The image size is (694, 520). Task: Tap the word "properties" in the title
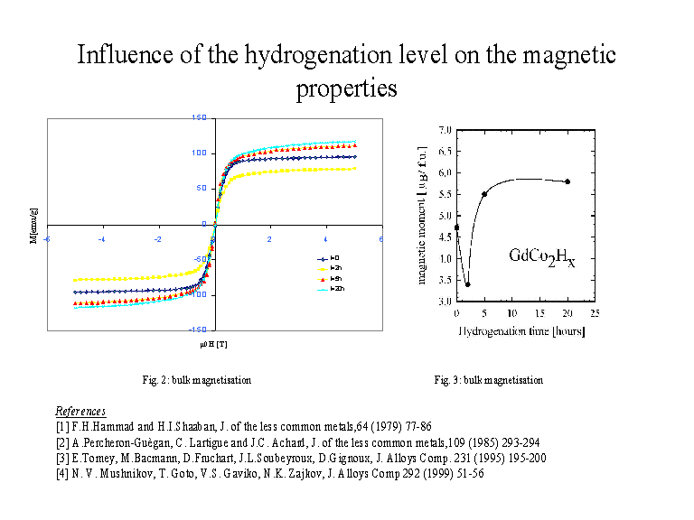pyautogui.click(x=347, y=88)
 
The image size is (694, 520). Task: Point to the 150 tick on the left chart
pyautogui.click(x=200, y=117)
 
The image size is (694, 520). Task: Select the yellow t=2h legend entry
pyautogui.click(x=330, y=268)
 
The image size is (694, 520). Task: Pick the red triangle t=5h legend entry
pyautogui.click(x=330, y=278)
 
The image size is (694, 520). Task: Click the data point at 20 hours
pyautogui.click(x=567, y=181)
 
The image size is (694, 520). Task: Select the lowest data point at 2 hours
pyautogui.click(x=467, y=284)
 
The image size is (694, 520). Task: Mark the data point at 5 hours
pyautogui.click(x=484, y=194)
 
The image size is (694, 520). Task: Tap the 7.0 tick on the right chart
pyautogui.click(x=445, y=130)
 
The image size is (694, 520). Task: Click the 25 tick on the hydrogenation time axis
pyautogui.click(x=595, y=313)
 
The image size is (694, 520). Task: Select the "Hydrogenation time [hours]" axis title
pyautogui.click(x=522, y=331)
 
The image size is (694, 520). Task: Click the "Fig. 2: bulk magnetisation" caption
pyautogui.click(x=195, y=380)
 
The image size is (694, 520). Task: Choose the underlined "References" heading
pyautogui.click(x=80, y=411)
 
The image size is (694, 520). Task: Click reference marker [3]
pyautogui.click(x=61, y=458)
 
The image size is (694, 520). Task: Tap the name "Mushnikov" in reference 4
pyautogui.click(x=117, y=473)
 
